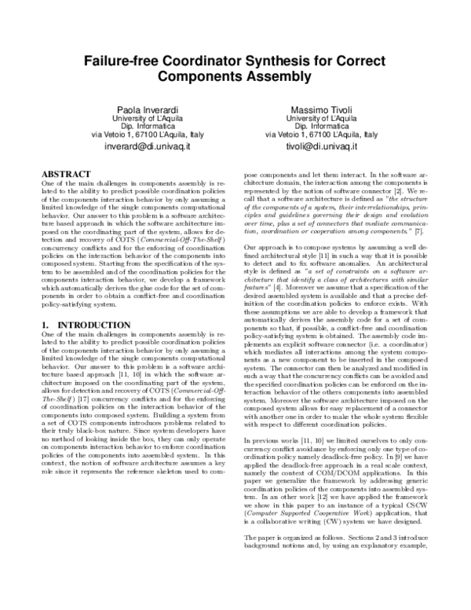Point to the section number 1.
[x=44, y=325]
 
